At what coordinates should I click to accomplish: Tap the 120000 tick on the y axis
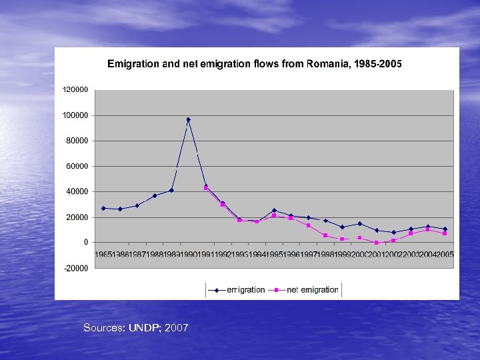click(75, 89)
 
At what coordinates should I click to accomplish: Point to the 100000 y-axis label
click(75, 115)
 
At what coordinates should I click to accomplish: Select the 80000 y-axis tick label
click(77, 141)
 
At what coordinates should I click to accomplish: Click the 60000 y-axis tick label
click(77, 166)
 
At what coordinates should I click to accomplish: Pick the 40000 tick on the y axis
click(77, 191)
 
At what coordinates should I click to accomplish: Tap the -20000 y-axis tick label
click(76, 268)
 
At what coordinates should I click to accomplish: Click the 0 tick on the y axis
click(85, 243)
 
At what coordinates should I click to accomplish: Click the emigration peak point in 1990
click(189, 120)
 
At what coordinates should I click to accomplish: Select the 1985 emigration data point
click(103, 208)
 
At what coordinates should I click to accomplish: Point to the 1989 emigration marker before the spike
click(171, 190)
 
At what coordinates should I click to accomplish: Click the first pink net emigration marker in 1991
click(205, 188)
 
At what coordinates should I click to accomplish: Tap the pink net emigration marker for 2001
click(377, 243)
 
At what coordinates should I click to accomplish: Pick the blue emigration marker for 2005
click(445, 229)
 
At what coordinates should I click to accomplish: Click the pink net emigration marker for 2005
click(445, 233)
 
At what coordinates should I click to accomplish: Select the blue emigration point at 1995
click(274, 211)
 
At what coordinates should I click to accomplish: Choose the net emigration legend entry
click(307, 290)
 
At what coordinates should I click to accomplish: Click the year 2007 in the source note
click(177, 328)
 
